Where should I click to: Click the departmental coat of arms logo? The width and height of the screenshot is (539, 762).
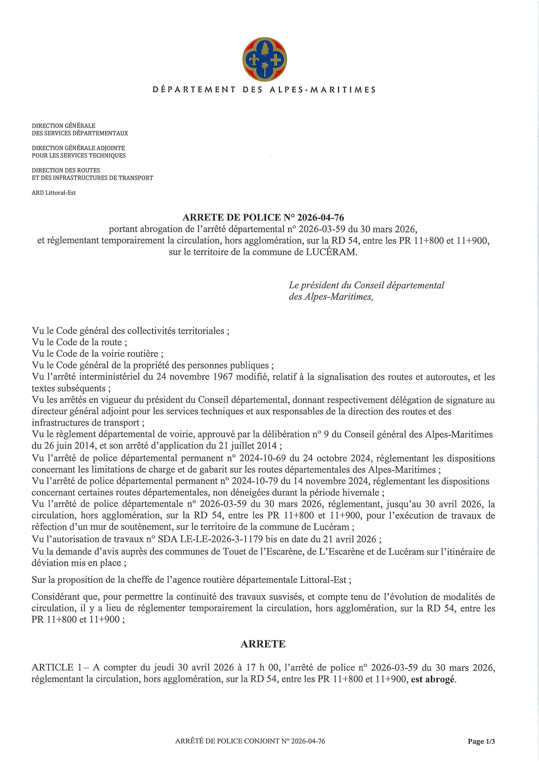(264, 59)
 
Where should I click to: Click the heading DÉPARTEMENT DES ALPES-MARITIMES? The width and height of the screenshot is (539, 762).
(264, 90)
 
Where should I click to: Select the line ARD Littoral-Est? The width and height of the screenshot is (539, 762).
(54, 193)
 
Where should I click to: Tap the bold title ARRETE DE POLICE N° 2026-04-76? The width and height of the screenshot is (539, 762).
(263, 218)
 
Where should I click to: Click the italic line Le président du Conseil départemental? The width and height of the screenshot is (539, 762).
(366, 285)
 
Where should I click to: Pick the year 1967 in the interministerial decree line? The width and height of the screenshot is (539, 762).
(223, 377)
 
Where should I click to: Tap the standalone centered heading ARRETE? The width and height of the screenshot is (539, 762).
(263, 644)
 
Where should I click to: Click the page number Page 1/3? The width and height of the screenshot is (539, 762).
(481, 741)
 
